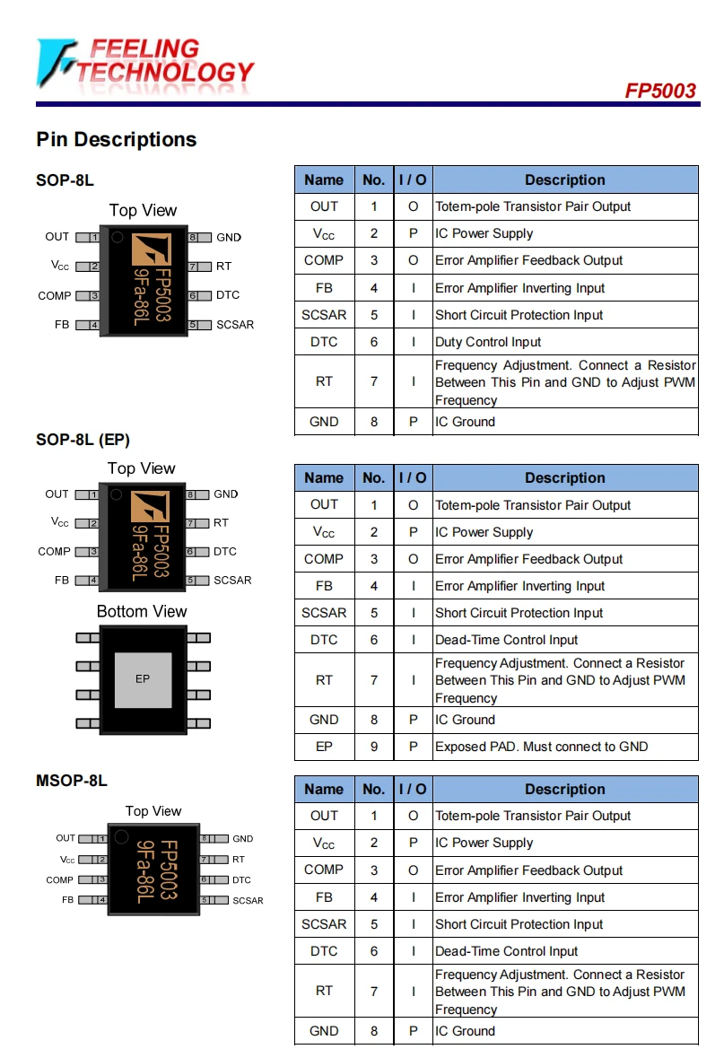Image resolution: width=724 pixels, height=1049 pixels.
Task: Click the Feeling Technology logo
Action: [x=144, y=63]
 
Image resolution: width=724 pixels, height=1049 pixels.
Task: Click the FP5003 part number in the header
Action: [x=660, y=92]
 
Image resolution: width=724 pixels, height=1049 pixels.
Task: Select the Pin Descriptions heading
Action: [x=116, y=140]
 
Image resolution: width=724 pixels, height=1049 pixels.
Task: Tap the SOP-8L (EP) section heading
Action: [x=83, y=440]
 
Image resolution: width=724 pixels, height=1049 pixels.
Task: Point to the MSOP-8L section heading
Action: [x=72, y=781]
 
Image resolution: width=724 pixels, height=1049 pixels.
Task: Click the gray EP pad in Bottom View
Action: [x=143, y=679]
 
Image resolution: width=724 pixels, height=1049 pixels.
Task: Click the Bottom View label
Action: [x=142, y=612]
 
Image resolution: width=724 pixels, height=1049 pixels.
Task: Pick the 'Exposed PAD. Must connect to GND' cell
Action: [x=541, y=747]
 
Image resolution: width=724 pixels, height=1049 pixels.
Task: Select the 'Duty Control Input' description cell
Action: [x=488, y=342]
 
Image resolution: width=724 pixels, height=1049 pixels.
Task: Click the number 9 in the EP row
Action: [x=374, y=747]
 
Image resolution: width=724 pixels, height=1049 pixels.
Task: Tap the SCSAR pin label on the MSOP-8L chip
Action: [x=248, y=900]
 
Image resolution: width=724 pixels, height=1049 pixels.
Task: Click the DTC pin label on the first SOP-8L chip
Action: [x=228, y=295]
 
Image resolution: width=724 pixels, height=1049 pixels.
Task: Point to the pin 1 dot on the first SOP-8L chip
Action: [x=117, y=238]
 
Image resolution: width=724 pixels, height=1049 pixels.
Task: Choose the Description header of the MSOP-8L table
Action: [x=565, y=790]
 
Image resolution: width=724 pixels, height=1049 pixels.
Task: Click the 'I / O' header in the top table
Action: [x=413, y=179]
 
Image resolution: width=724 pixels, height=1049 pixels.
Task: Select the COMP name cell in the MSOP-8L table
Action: [x=324, y=870]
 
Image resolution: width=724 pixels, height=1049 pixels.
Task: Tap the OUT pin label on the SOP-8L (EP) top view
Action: [x=57, y=494]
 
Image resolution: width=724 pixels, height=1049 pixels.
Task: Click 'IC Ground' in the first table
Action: [x=465, y=422]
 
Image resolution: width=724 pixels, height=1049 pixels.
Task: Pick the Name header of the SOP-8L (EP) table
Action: [x=324, y=478]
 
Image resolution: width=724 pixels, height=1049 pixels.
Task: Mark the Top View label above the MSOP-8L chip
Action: [x=153, y=811]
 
